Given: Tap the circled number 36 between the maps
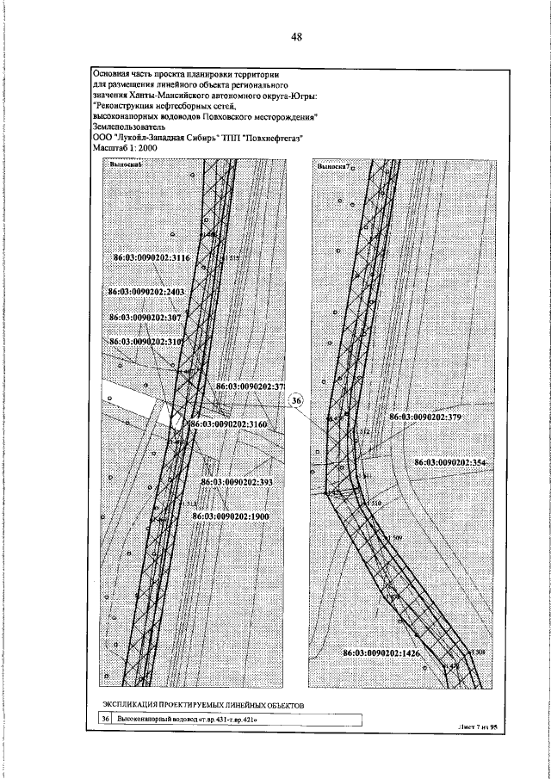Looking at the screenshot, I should pos(295,401).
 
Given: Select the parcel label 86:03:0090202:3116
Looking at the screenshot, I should pos(152,257).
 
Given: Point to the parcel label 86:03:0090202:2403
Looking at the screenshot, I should pos(146,293).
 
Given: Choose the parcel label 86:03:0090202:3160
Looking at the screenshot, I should pos(230,424).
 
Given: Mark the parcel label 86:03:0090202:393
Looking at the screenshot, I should pos(236,483).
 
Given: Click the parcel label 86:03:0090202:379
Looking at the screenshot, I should pos(427,417).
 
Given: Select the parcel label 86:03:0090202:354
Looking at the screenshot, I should pos(450,462).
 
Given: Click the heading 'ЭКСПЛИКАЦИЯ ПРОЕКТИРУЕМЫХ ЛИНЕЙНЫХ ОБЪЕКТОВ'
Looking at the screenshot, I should pos(197,704).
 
